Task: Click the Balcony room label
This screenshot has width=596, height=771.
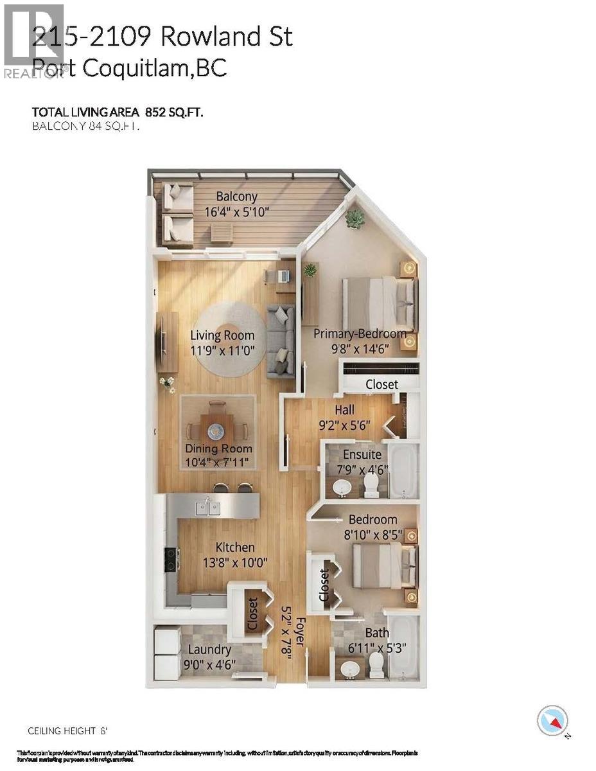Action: (x=236, y=197)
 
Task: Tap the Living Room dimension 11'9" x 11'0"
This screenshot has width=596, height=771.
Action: (x=222, y=350)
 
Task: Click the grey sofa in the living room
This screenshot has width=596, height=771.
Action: (x=281, y=341)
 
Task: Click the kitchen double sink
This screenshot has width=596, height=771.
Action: (x=208, y=508)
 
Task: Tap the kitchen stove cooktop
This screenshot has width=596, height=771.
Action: (x=171, y=559)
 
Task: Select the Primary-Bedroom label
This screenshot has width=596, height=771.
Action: (x=360, y=333)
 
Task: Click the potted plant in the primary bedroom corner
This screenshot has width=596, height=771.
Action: (x=354, y=220)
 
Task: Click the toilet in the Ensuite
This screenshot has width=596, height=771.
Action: (x=372, y=486)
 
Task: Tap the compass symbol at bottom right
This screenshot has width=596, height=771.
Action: (x=552, y=721)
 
